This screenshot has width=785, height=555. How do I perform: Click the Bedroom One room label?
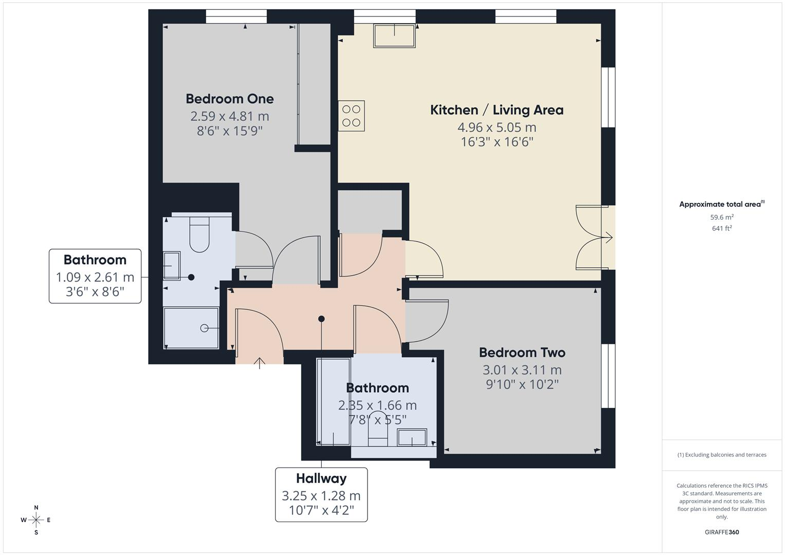tap(230, 99)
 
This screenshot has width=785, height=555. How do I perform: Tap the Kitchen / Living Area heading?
tap(497, 110)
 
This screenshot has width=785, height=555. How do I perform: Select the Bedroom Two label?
tap(522, 353)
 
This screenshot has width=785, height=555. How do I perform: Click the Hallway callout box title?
tap(321, 478)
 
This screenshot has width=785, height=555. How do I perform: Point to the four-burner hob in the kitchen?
tap(351, 116)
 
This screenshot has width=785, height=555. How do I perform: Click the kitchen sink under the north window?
tap(394, 35)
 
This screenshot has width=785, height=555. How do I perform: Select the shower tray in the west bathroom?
tap(191, 328)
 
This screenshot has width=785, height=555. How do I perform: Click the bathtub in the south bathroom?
tap(333, 401)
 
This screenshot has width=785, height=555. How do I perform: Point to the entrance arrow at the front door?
tap(259, 363)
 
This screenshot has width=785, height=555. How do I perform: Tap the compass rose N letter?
tap(36, 507)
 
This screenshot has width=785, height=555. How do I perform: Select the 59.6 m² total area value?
tap(722, 217)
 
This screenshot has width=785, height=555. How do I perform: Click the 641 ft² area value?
tap(722, 229)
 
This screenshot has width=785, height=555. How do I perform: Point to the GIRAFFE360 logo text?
tap(722, 532)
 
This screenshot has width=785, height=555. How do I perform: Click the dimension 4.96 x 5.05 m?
tap(497, 127)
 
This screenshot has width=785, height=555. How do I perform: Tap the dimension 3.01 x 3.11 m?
tap(522, 369)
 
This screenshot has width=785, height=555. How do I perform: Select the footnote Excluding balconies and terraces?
tap(722, 455)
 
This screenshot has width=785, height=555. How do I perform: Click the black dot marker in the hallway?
tap(321, 319)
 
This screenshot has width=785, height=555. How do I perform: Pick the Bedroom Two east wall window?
tap(608, 376)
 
